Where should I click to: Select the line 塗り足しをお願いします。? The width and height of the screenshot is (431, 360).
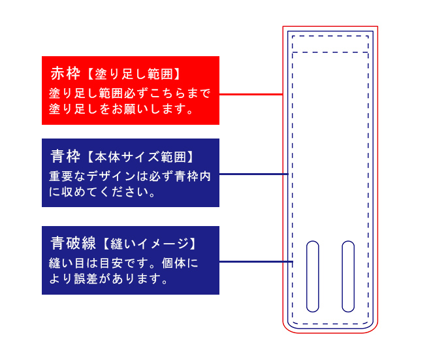(x=122, y=108)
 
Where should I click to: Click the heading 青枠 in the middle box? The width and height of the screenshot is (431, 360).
(x=65, y=157)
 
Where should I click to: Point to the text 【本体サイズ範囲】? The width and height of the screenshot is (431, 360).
(x=139, y=157)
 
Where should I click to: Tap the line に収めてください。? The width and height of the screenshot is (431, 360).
(x=101, y=193)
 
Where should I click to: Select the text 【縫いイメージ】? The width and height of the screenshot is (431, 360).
(x=148, y=244)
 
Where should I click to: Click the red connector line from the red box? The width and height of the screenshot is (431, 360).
(x=251, y=95)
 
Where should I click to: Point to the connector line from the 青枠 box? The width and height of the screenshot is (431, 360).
(x=253, y=174)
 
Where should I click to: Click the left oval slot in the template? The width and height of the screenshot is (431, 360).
(x=313, y=276)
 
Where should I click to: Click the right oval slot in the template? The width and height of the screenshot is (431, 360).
(x=348, y=276)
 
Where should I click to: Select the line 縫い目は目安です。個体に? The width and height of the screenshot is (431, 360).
(x=123, y=263)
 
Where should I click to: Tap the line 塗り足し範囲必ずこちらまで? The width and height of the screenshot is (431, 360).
(x=130, y=93)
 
